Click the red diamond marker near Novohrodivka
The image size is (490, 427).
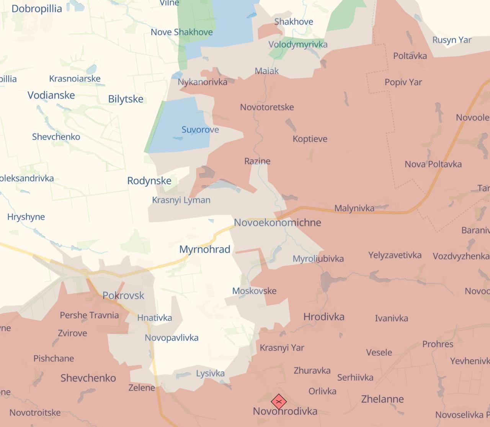tap(279, 402)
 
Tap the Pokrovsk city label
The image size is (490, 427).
tap(123, 296)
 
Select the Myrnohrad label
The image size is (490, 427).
tap(205, 250)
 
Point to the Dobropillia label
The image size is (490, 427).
tap(37, 9)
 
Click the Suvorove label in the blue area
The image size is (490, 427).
tap(200, 130)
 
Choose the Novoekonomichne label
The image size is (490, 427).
tap(278, 222)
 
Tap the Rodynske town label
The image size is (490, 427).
tap(149, 181)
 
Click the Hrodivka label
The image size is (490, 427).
tap(324, 317)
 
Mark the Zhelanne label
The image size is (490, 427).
tap(382, 399)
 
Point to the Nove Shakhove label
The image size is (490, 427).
tap(181, 32)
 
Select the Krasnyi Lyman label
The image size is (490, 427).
tap(181, 200)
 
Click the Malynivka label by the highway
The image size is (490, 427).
tap(354, 208)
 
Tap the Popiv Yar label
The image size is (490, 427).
tap(403, 82)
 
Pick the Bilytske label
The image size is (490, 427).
tap(126, 99)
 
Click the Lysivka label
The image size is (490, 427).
tap(210, 373)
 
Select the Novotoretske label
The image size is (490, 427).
tap(267, 107)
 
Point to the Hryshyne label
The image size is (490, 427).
tap(26, 217)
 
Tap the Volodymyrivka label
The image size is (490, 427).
tap(298, 44)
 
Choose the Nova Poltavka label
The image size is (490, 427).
tap(433, 164)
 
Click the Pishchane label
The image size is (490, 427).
tap(54, 358)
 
